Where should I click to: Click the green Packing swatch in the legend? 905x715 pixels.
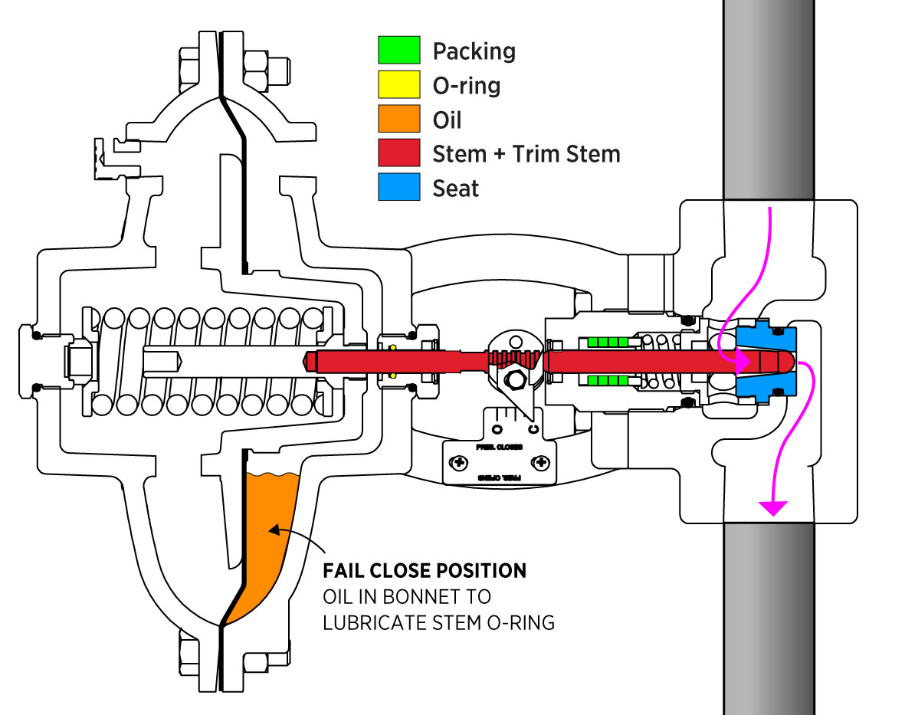click(398, 50)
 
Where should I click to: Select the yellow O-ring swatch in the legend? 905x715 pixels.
click(398, 84)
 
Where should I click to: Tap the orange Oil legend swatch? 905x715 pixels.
click(398, 119)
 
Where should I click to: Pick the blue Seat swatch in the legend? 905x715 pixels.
click(398, 187)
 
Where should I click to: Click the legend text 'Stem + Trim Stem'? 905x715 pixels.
click(526, 153)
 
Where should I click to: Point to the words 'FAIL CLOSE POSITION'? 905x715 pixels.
click(425, 571)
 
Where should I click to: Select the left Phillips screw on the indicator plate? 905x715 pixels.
click(460, 463)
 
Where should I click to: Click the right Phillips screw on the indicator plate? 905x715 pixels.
click(541, 463)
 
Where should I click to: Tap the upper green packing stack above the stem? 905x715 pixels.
click(606, 342)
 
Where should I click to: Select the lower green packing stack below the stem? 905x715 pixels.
click(606, 380)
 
